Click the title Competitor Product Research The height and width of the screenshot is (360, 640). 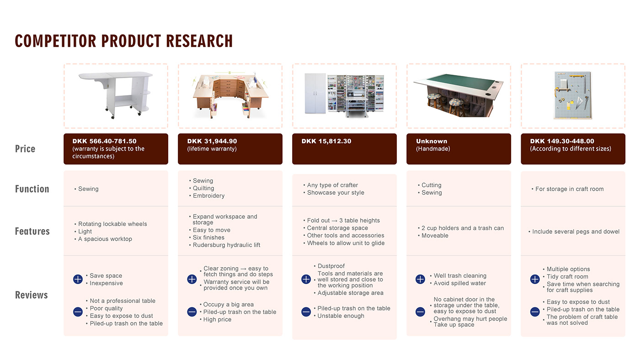124,41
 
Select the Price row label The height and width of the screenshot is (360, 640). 25,149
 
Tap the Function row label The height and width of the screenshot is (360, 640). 32,189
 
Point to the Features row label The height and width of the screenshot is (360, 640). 32,231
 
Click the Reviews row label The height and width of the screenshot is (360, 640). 32,295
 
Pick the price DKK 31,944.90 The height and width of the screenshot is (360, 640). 212,141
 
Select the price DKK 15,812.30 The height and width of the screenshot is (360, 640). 326,141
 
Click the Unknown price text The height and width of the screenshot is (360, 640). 432,141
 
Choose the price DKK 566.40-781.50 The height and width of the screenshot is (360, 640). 104,141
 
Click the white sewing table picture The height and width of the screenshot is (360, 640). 115,95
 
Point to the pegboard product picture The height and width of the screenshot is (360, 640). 573,95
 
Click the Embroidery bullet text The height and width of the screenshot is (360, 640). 208,196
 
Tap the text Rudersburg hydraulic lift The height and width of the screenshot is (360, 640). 226,245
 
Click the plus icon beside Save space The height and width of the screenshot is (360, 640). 78,279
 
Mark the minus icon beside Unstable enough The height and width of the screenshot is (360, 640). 306,312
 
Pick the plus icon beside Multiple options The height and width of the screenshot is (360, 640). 535,279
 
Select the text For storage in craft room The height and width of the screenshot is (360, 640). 569,189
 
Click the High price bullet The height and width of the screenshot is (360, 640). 217,320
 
